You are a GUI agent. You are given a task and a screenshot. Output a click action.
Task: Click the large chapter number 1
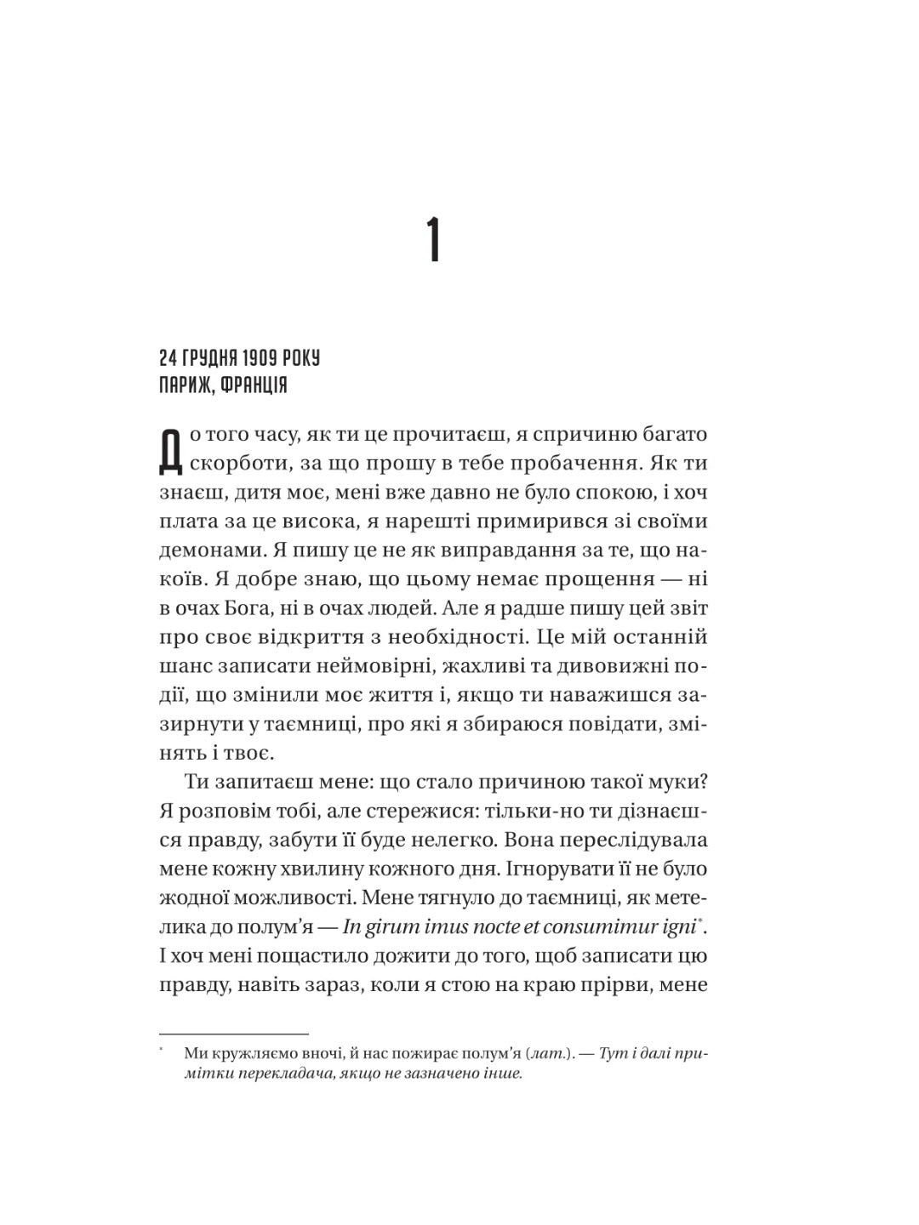[434, 241]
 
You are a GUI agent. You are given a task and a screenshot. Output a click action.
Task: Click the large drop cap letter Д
[171, 451]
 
